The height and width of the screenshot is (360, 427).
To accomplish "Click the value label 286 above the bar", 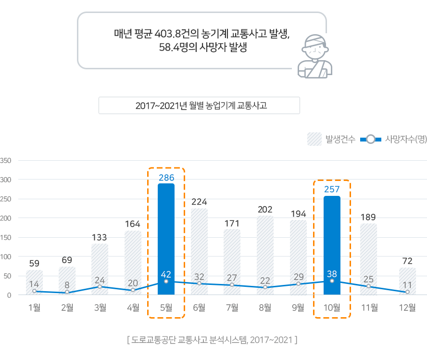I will tap(166, 178).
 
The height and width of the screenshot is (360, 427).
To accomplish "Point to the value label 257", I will tap(332, 189).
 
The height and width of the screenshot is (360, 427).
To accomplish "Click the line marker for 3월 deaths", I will tap(100, 287).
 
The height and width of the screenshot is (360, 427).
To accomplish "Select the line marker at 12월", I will tap(407, 292).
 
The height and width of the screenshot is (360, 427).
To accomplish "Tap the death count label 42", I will tap(166, 274).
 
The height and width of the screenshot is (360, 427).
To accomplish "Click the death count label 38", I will tap(332, 273).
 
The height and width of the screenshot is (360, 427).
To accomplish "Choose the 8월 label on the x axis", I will tap(265, 308).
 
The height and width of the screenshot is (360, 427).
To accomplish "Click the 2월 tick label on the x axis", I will tap(67, 308).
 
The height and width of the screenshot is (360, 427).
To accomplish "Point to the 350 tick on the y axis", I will tap(6, 160).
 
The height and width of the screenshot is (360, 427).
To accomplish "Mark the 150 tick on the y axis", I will tap(6, 237).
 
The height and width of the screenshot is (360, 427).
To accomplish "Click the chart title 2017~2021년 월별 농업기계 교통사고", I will tap(199, 105).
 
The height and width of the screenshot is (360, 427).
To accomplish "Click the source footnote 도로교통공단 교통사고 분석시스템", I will tap(212, 340).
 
